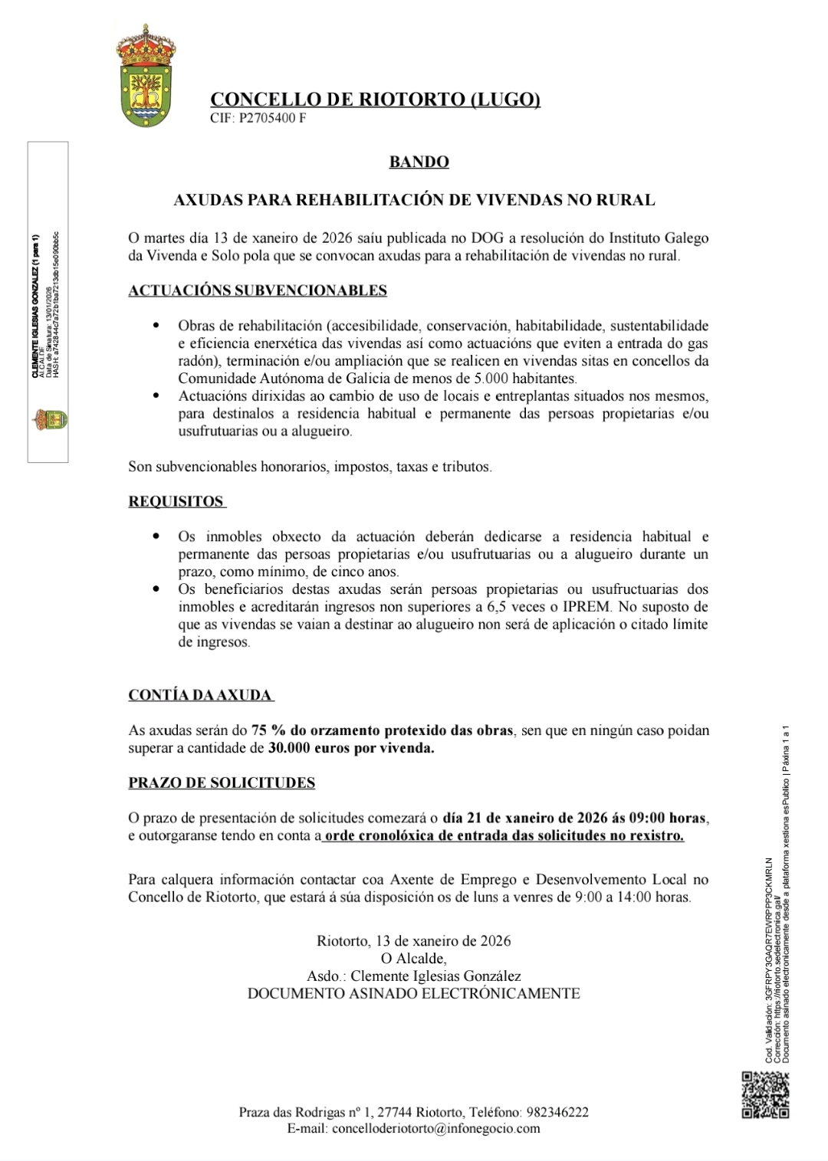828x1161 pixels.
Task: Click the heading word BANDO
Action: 419,162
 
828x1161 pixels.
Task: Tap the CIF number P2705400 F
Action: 272,118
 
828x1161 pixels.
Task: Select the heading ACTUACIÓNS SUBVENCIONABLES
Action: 258,290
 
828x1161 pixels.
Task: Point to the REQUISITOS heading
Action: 176,502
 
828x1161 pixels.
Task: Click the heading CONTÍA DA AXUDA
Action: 200,695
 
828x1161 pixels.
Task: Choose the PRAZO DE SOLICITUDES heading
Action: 222,782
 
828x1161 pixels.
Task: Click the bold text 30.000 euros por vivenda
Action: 352,748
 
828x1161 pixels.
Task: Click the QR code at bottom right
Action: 765,1094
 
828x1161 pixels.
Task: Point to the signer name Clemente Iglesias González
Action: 435,976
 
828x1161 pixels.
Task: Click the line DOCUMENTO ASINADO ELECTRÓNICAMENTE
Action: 413,994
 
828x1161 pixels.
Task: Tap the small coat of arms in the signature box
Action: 48,419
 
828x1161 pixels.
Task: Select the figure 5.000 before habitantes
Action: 491,379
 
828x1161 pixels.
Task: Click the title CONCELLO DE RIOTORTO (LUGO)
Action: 375,100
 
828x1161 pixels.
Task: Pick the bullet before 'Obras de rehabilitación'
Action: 157,326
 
